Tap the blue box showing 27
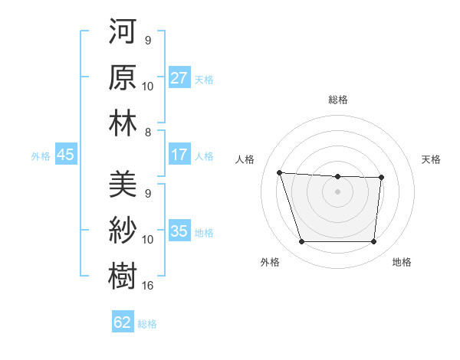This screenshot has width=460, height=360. tap(179, 78)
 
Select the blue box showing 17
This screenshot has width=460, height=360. tap(179, 155)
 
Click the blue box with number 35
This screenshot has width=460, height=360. tap(179, 231)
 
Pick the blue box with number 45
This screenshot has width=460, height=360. tap(65, 155)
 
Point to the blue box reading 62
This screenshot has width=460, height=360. tap(123, 322)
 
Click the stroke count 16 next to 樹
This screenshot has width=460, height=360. tap(149, 286)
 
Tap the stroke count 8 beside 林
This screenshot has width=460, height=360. tap(147, 133)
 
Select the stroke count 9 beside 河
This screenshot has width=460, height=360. tap(147, 41)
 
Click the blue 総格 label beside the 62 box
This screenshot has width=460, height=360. tap(147, 324)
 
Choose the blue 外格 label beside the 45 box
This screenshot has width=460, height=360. tap(41, 156)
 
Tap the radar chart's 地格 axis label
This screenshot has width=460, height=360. tap(402, 262)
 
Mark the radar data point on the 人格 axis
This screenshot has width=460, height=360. tap(280, 172)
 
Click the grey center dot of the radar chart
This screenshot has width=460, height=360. tap(337, 191)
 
